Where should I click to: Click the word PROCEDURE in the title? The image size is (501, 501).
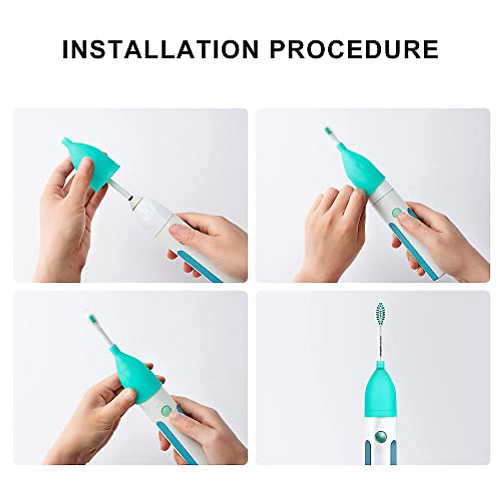click(354, 49)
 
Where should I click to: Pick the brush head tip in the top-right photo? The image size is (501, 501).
click(329, 134)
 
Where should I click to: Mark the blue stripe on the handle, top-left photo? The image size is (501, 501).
click(196, 267)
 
